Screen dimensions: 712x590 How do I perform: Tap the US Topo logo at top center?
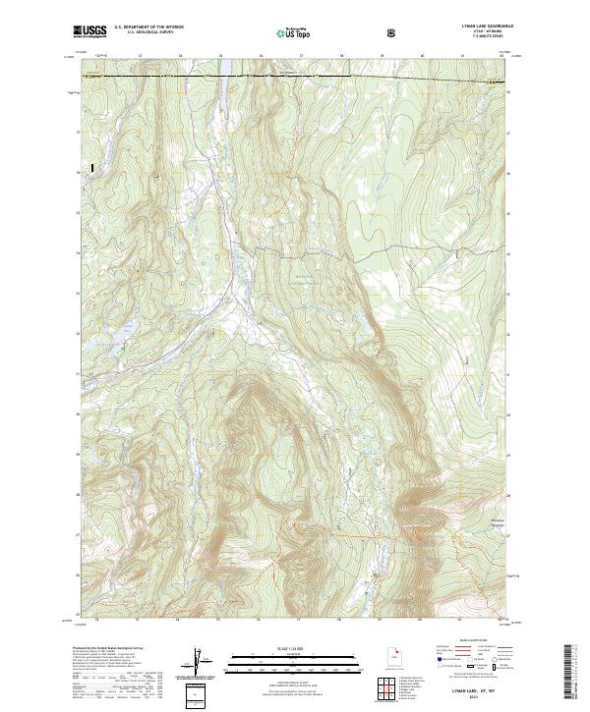tap(296, 33)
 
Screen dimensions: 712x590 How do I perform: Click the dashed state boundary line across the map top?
tap(295, 76)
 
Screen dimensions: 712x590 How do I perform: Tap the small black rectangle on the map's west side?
tap(92, 169)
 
